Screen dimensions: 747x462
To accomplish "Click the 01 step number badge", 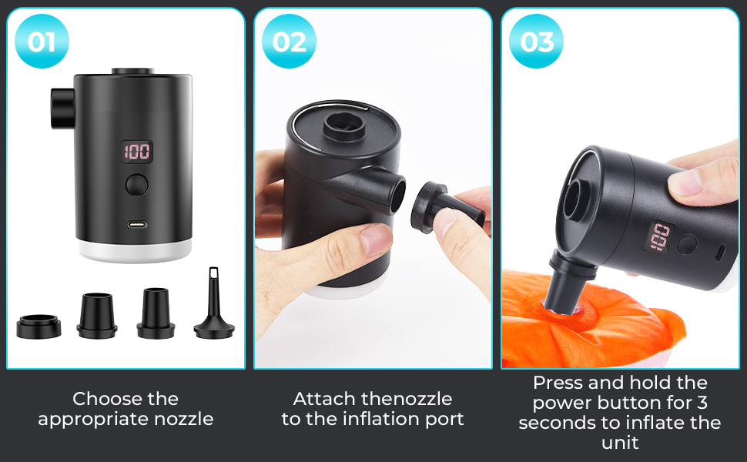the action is tap(42, 42).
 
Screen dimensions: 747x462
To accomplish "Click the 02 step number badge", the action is tap(290, 42).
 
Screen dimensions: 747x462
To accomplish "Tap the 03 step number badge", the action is tap(537, 42).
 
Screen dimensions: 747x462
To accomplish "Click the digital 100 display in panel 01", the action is tap(137, 152).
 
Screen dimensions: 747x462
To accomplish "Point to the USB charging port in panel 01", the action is tap(137, 225).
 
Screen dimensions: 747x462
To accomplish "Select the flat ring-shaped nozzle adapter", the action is tap(39, 326).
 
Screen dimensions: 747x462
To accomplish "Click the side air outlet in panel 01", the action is tap(62, 108).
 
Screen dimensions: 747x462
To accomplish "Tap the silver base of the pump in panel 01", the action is tap(136, 250).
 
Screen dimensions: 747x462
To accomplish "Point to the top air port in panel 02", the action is tap(344, 125).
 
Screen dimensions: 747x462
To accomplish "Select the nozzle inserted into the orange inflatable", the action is tap(570, 283).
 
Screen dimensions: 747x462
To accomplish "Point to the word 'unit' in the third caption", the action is tap(620, 443).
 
